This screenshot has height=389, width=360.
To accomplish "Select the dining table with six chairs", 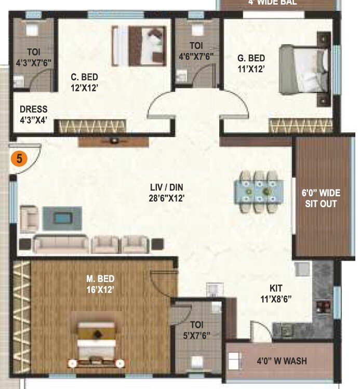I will click(x=258, y=191).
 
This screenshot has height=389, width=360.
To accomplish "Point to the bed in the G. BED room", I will click(x=304, y=69).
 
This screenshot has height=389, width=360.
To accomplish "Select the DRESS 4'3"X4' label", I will click(x=34, y=114).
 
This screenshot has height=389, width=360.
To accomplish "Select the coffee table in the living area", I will click(x=61, y=217).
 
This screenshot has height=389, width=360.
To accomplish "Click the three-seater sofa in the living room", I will click(x=61, y=243).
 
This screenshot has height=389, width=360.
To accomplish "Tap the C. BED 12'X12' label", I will click(x=85, y=83).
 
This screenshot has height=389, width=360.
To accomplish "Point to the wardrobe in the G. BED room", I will click(x=300, y=125).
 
